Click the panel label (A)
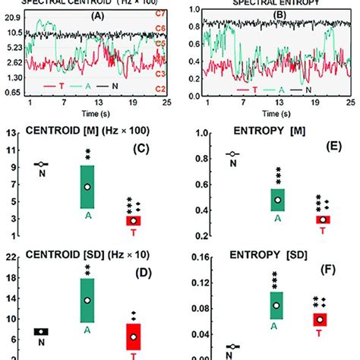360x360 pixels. pyautogui.click(x=99, y=14)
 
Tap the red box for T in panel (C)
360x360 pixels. pyautogui.click(x=134, y=220)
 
